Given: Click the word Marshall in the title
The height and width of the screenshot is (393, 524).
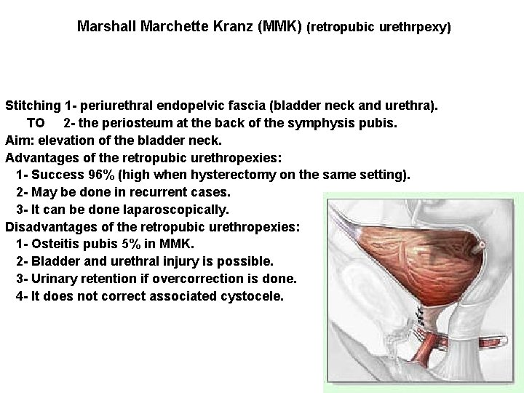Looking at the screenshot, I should point(103,27).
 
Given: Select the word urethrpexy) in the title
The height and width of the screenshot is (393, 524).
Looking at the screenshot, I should point(418,28).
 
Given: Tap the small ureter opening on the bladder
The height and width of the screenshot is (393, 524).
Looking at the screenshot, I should point(480,249).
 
